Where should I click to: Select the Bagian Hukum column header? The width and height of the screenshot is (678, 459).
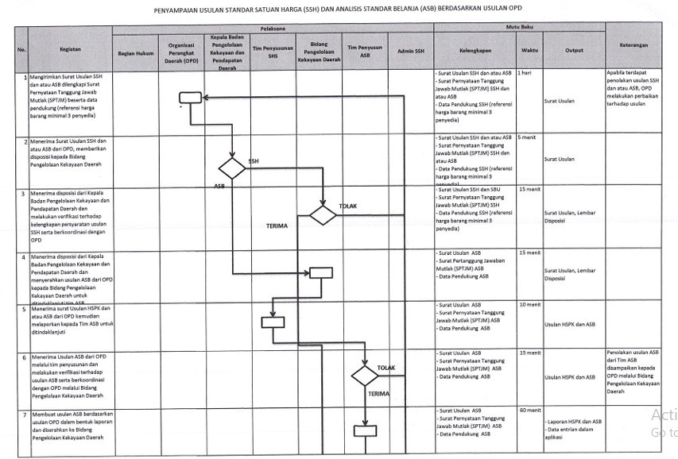(134, 53)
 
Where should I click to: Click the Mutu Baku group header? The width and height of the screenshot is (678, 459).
(519, 29)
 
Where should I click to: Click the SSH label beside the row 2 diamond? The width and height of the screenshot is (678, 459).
(254, 160)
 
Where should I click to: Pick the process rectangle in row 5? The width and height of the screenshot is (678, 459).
(273, 322)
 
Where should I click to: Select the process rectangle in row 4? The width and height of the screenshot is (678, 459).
(321, 272)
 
